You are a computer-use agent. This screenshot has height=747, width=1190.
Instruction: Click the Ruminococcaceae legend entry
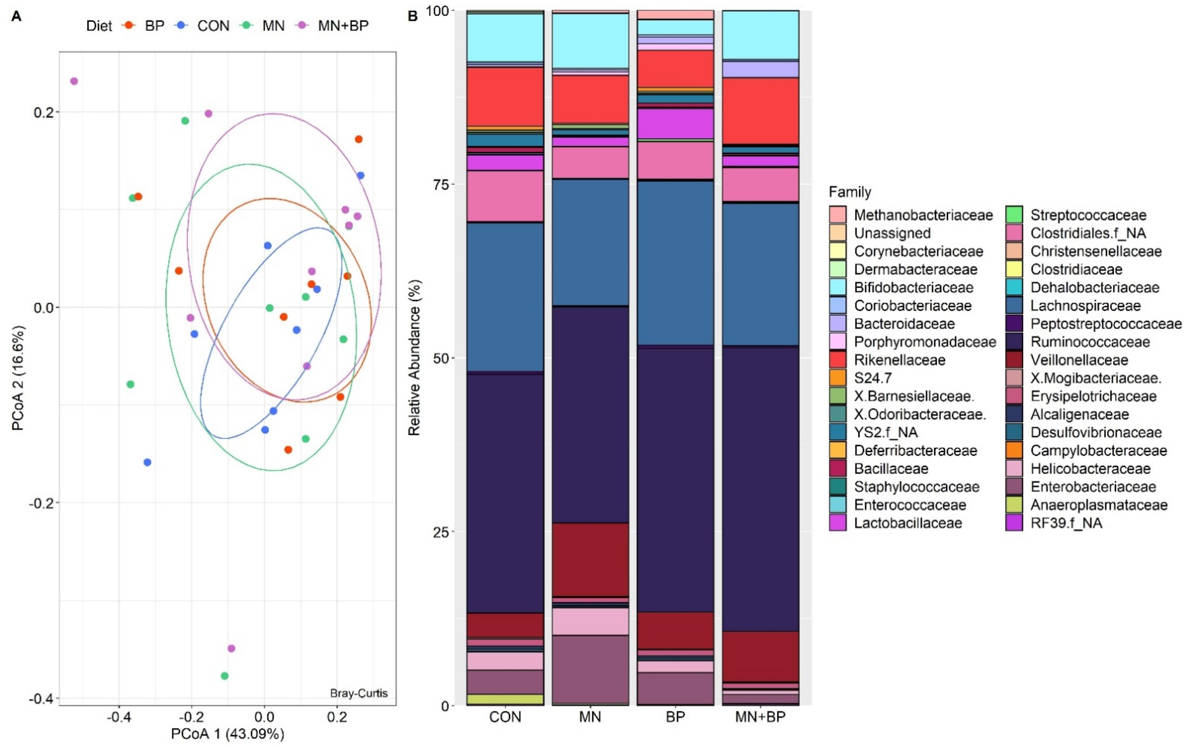pyautogui.click(x=1090, y=342)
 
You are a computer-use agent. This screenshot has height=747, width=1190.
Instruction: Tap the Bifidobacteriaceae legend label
pyautogui.click(x=913, y=288)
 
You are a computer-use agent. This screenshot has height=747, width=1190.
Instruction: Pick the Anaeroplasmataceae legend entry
pyautogui.click(x=1098, y=505)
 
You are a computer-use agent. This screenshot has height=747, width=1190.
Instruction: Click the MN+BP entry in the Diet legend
pyautogui.click(x=342, y=26)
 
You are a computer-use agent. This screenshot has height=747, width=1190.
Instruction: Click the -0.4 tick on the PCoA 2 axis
pyautogui.click(x=41, y=699)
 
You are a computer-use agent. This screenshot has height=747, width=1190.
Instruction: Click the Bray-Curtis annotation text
pyautogui.click(x=359, y=693)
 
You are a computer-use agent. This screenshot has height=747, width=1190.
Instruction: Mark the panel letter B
pyautogui.click(x=412, y=16)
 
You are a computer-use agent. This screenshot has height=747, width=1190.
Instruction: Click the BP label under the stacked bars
pyautogui.click(x=675, y=717)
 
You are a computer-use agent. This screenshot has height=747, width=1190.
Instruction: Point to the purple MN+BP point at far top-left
pyautogui.click(x=74, y=81)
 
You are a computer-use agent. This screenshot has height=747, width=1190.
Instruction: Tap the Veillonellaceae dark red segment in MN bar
pyautogui.click(x=590, y=559)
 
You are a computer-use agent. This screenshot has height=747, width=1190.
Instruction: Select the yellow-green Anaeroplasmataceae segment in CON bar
pyautogui.click(x=505, y=699)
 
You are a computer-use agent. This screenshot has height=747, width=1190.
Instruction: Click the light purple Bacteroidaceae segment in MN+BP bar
pyautogui.click(x=760, y=69)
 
